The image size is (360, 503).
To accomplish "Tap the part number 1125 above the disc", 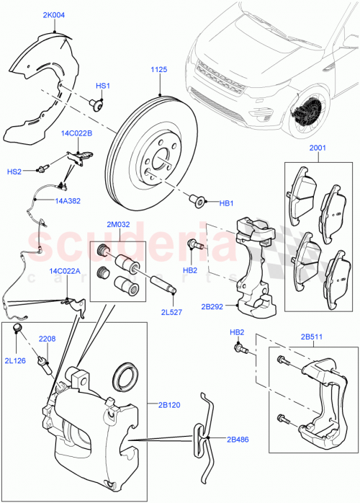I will (159, 70).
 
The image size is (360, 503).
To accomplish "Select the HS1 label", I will (103, 86).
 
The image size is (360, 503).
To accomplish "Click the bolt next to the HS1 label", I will (95, 104).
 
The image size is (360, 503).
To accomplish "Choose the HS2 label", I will (14, 171).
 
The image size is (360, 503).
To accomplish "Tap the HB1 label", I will (228, 203).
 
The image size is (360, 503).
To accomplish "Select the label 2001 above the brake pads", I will (318, 148).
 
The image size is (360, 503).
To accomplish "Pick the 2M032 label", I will (118, 225).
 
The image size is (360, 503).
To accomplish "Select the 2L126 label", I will (15, 360).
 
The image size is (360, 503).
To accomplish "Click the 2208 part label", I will (47, 338).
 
